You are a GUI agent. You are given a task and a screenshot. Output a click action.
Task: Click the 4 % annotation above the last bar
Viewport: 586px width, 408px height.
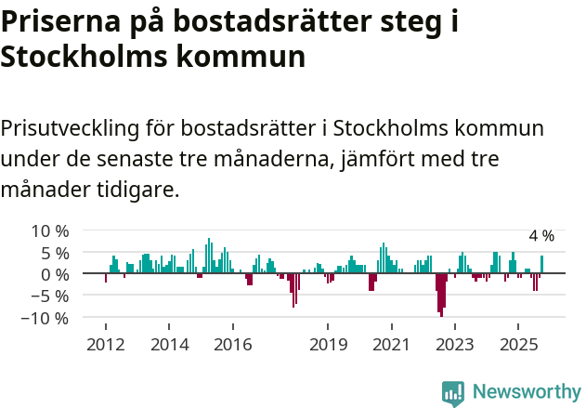pyautogui.click(x=541, y=236)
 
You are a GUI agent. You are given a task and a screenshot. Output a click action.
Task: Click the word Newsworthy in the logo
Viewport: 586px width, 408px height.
pyautogui.click(x=527, y=391)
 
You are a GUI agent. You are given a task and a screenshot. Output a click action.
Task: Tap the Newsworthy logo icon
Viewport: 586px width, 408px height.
pyautogui.click(x=453, y=392)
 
